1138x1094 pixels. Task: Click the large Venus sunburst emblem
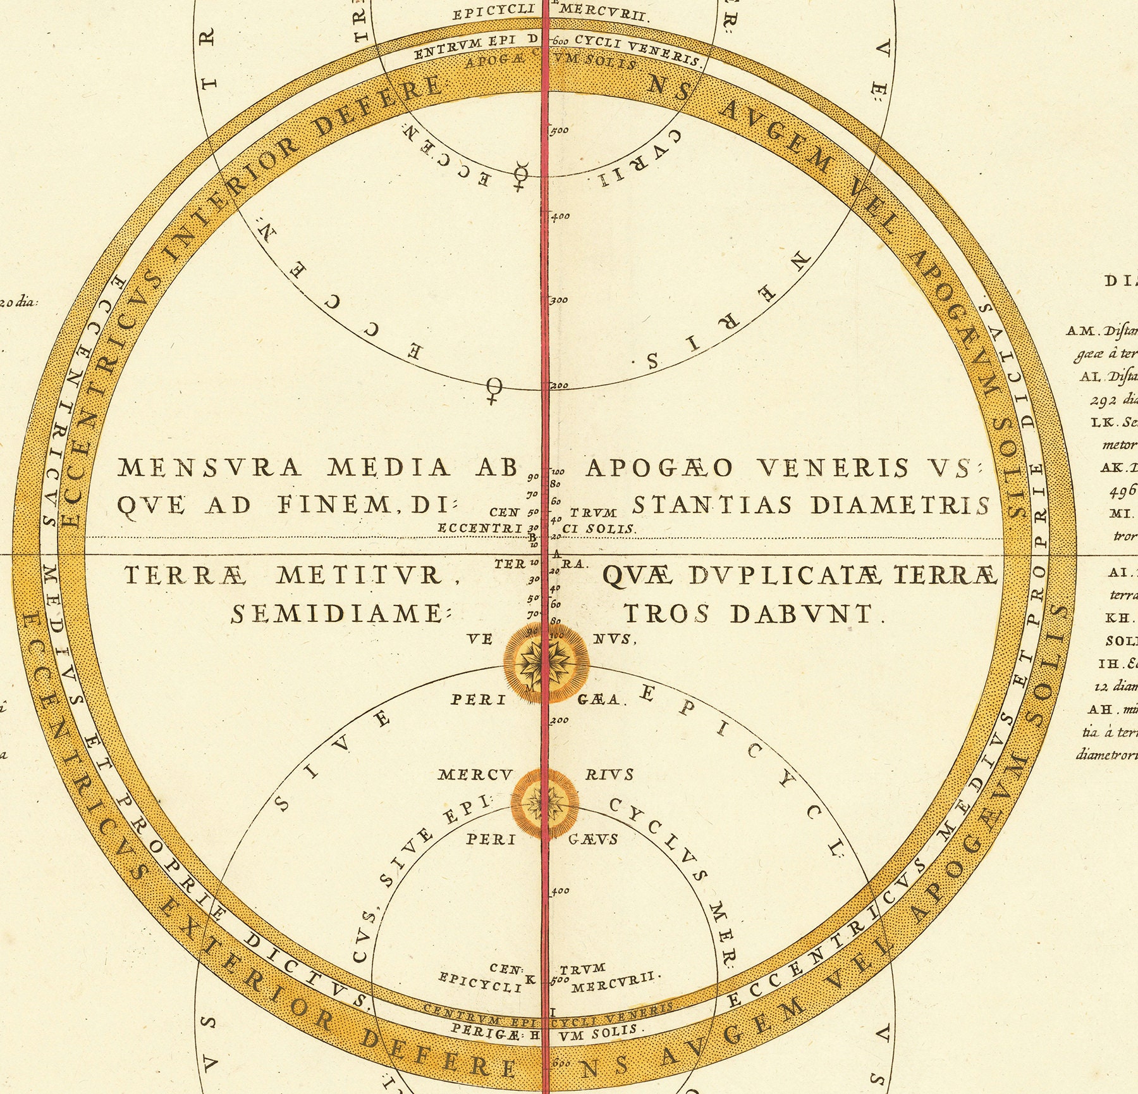(546, 662)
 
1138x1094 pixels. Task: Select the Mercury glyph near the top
(521, 176)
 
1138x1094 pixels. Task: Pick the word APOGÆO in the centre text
(659, 468)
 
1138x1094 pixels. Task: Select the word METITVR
(359, 575)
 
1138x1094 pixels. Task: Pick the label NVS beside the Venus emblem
(613, 639)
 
